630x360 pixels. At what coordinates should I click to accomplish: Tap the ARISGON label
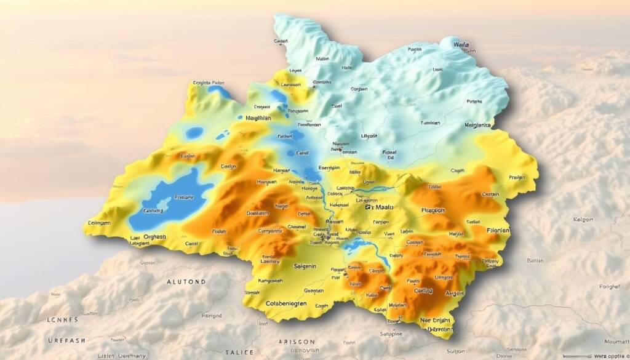pos(297,342)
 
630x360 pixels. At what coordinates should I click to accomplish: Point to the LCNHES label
pos(63,320)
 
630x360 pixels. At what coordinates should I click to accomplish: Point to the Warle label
pos(461,45)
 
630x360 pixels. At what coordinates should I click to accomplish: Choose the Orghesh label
pos(154,236)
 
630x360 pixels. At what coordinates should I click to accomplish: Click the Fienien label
pos(498,230)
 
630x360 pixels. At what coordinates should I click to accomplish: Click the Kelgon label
pos(583,219)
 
